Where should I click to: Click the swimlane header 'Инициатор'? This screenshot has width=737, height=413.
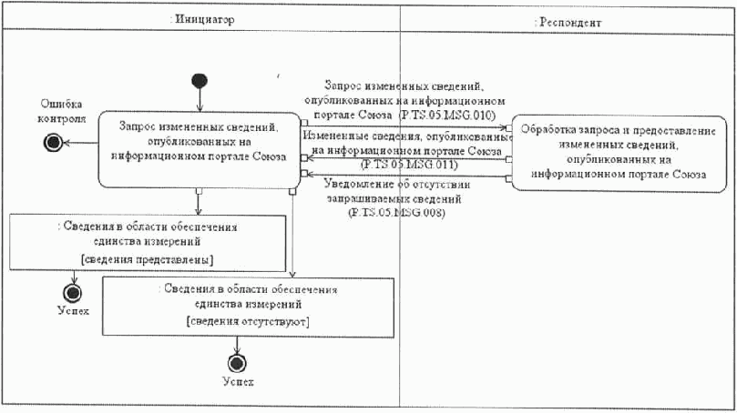tap(200, 19)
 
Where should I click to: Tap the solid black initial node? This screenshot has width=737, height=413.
tap(200, 79)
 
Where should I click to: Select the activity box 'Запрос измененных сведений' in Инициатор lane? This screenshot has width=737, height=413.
tap(198, 149)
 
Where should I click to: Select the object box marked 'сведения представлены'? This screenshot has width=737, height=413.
tap(133, 241)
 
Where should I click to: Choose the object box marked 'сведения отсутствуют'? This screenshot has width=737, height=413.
tap(249, 307)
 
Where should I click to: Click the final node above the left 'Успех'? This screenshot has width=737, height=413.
tap(74, 292)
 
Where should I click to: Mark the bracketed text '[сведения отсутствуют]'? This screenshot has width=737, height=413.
tap(249, 322)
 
